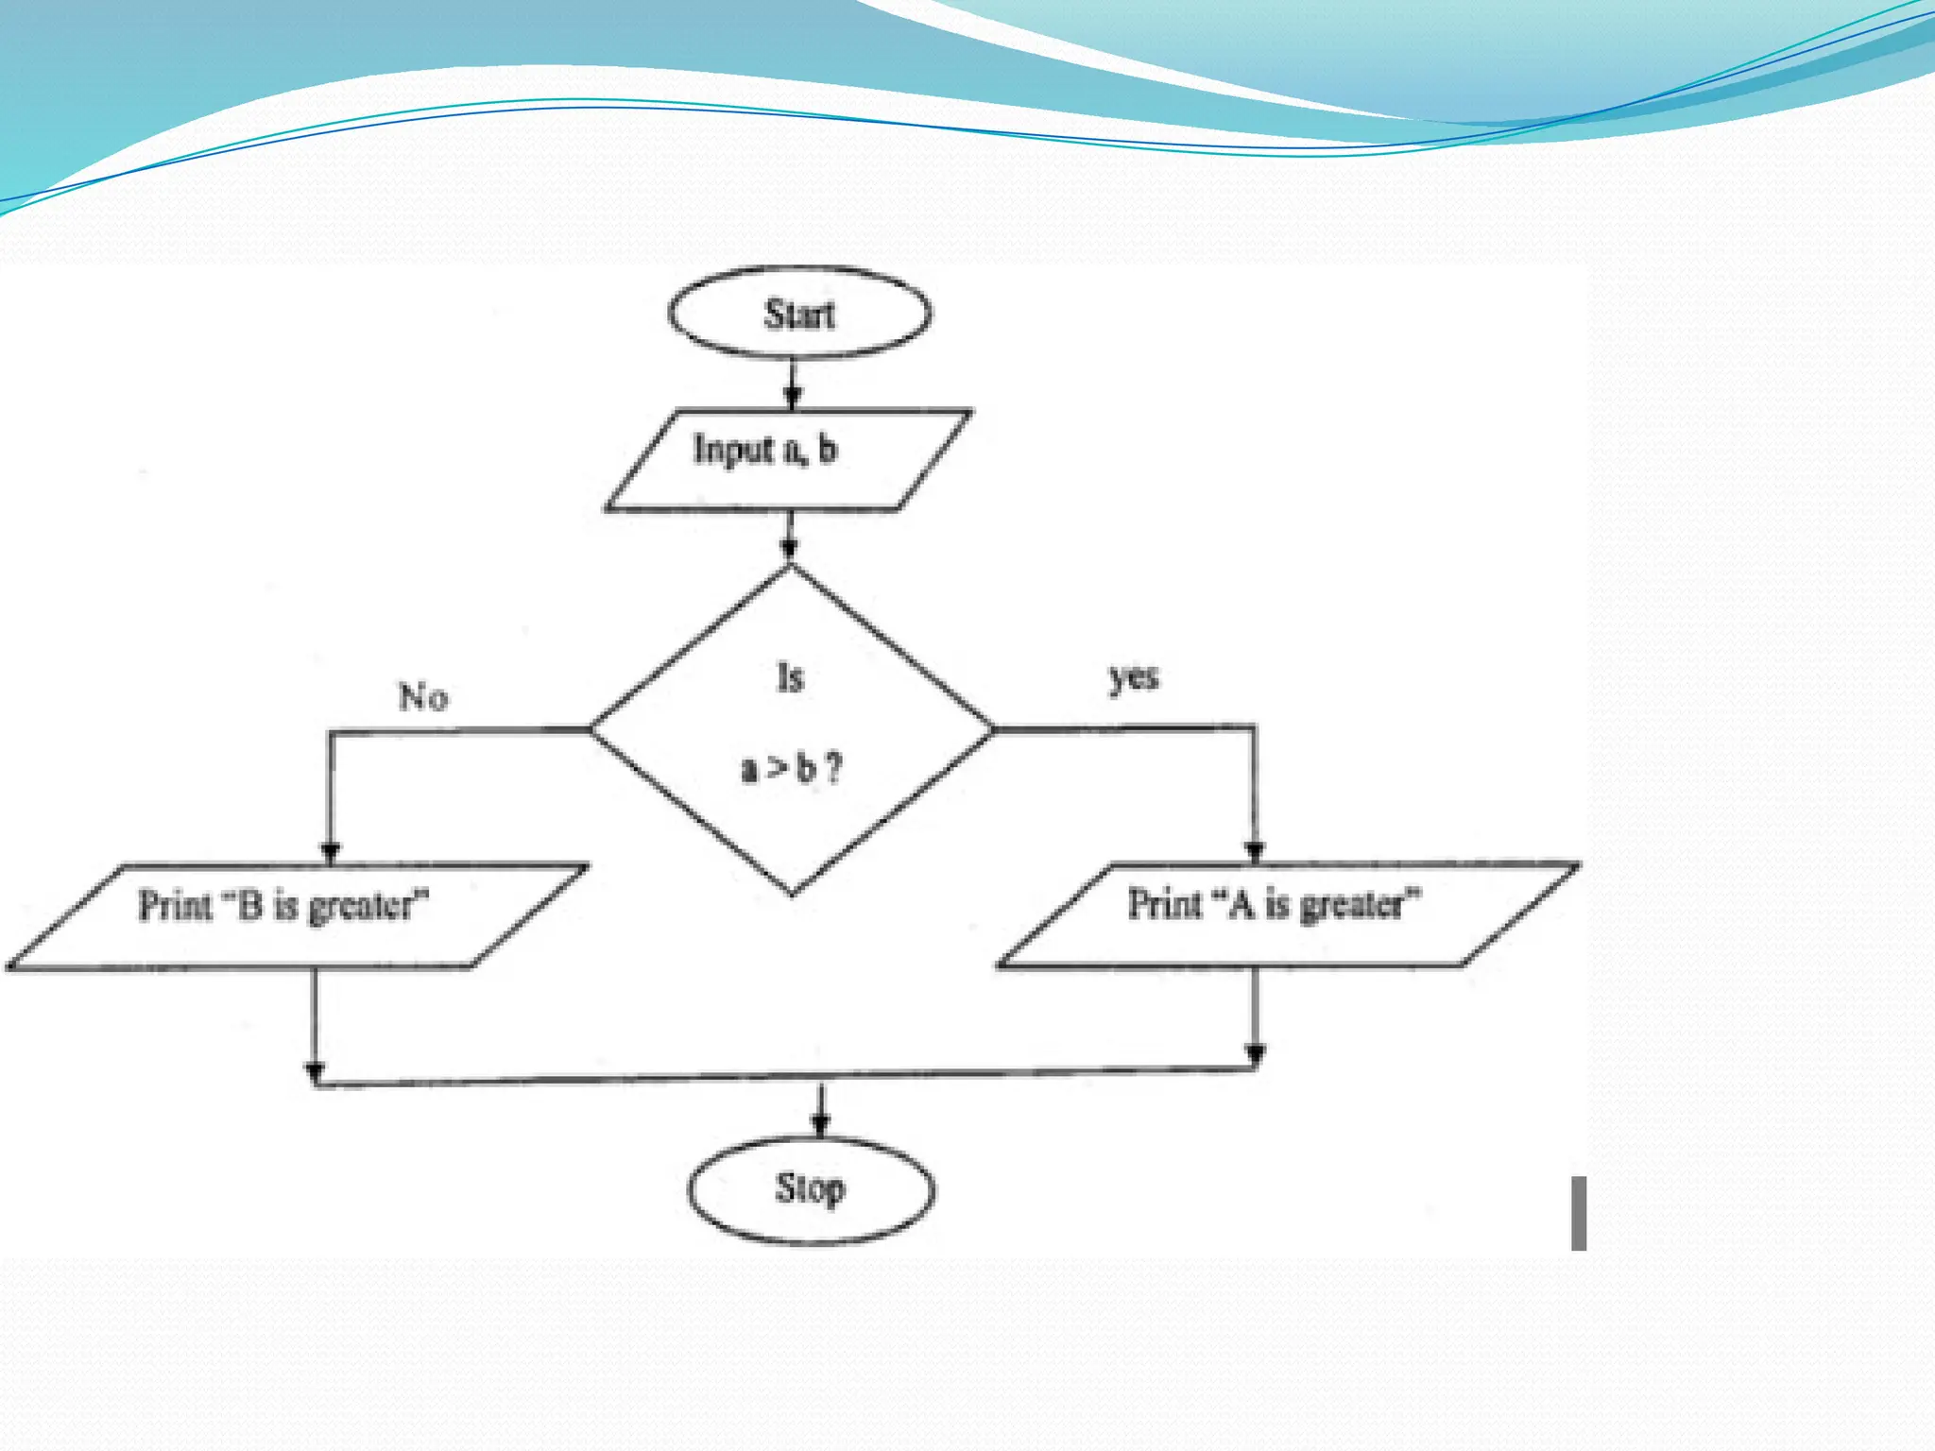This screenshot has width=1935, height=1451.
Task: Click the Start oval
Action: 799,313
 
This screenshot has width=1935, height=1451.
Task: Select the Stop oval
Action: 811,1189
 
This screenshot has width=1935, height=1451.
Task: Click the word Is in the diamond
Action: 791,677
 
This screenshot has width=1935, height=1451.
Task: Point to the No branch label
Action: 423,697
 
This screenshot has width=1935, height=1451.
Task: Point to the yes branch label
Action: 1134,676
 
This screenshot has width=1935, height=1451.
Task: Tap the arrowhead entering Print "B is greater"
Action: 331,851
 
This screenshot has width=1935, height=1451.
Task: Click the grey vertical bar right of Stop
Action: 1579,1213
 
